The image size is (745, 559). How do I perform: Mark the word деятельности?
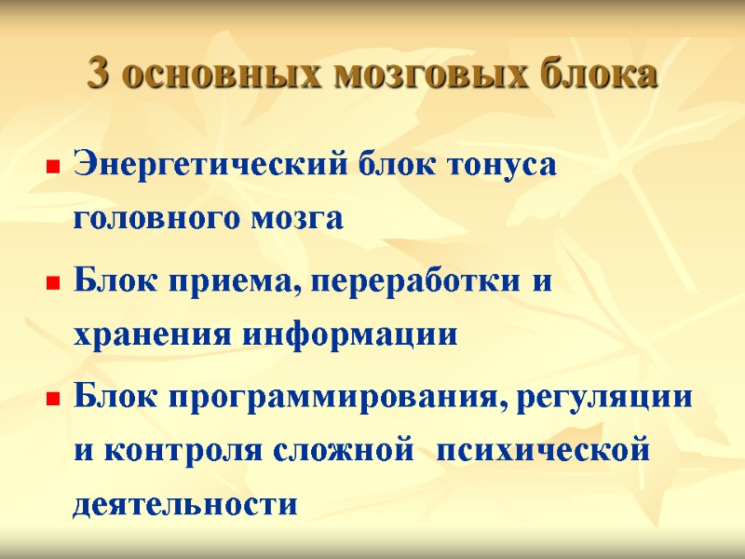pos(186,504)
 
